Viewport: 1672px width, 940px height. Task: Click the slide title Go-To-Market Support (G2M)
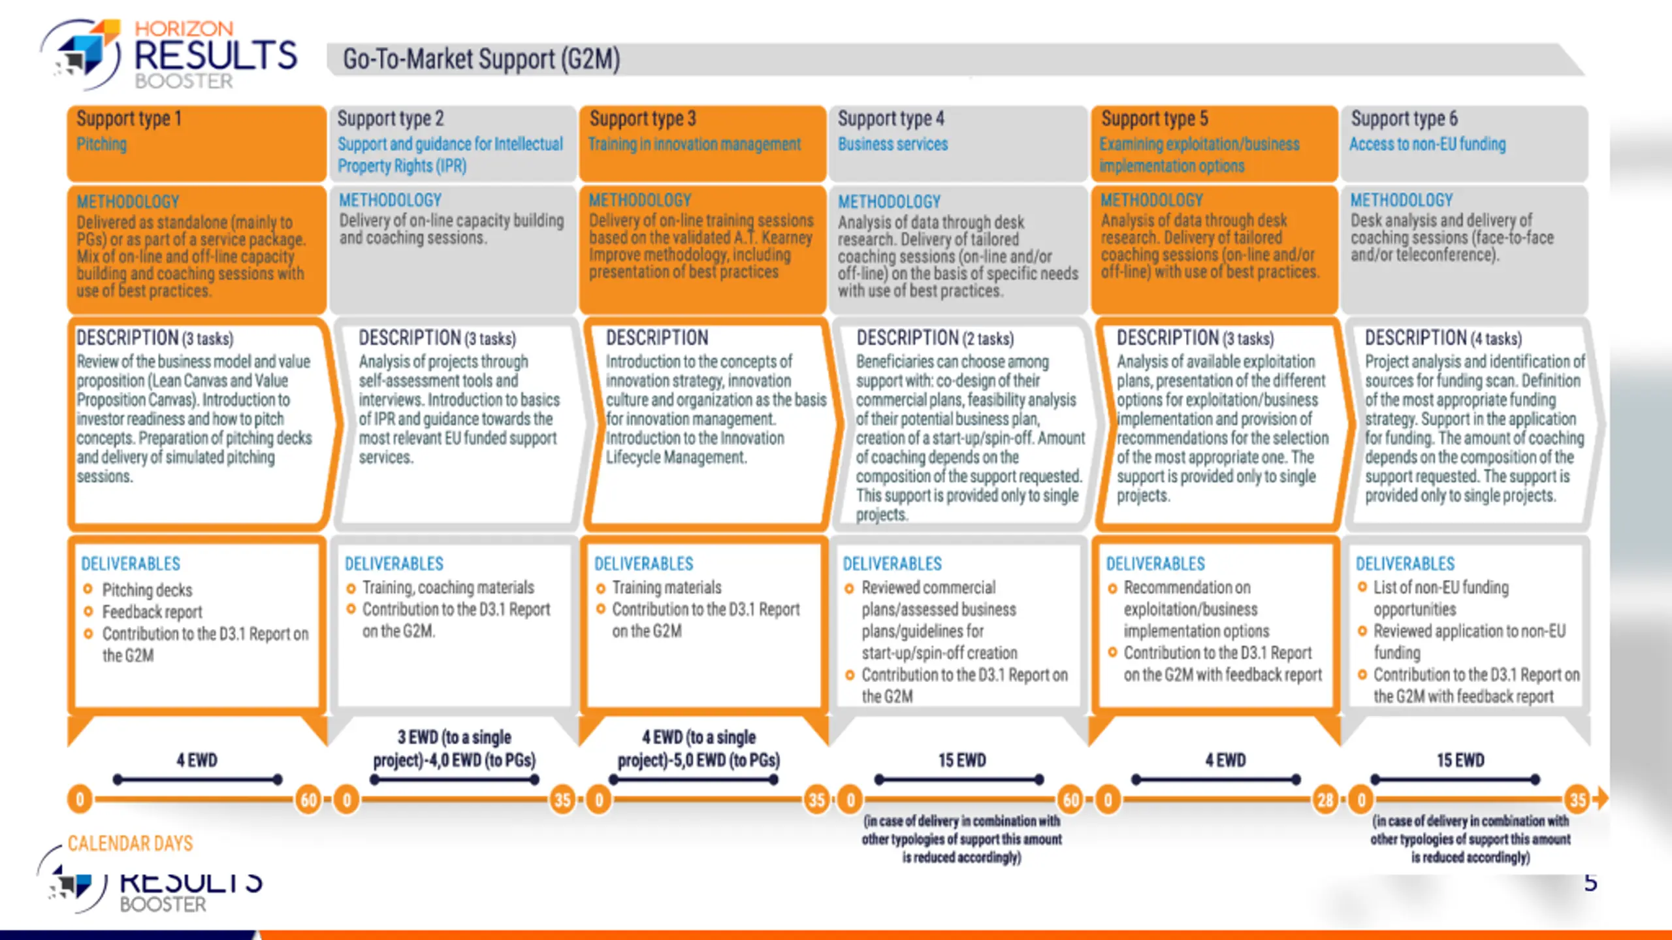point(481,59)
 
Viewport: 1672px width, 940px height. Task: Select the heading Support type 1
point(129,119)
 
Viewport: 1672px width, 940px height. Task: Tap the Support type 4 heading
point(891,119)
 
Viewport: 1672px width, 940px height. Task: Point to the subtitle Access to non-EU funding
point(1428,144)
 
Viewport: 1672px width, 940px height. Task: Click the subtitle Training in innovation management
point(694,144)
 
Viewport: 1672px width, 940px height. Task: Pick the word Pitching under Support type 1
point(101,144)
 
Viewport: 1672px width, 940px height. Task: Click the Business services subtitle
point(892,144)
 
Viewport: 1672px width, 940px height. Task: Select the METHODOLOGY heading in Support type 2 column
point(390,200)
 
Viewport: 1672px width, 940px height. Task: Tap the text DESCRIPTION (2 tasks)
point(935,338)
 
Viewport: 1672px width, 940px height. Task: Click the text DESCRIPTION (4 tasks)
point(1443,338)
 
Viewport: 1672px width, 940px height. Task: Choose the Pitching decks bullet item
point(147,590)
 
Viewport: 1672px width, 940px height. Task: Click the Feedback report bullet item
point(152,612)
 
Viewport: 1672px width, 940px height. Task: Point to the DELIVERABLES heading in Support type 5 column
point(1155,564)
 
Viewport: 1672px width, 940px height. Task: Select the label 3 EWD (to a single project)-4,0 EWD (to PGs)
point(455,749)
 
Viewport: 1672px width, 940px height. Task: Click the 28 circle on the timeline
point(1325,800)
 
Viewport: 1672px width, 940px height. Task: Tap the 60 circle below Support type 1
point(308,800)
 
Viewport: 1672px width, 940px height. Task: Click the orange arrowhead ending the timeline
point(1600,798)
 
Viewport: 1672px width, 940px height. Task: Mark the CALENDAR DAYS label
point(130,843)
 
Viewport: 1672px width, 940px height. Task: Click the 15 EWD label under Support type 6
point(1460,760)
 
